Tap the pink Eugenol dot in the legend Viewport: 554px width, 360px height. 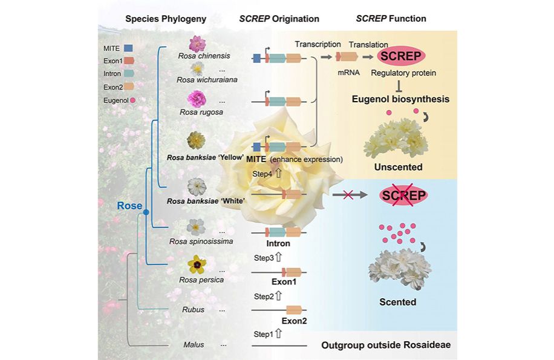[132, 100]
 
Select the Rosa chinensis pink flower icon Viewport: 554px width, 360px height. [197, 43]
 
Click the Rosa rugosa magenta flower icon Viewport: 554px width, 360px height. [197, 98]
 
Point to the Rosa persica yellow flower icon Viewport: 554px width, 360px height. [196, 264]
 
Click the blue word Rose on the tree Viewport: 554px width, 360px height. [129, 206]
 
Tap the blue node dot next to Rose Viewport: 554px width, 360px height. [145, 207]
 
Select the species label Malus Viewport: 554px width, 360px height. [194, 345]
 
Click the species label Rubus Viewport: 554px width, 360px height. [194, 310]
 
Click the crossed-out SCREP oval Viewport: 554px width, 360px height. [403, 195]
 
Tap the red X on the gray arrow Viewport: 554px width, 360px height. [348, 195]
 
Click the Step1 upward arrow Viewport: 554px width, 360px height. [279, 333]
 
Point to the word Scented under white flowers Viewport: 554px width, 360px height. [397, 301]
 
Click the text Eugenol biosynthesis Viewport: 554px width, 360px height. [400, 99]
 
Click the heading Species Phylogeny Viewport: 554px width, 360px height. [166, 19]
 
